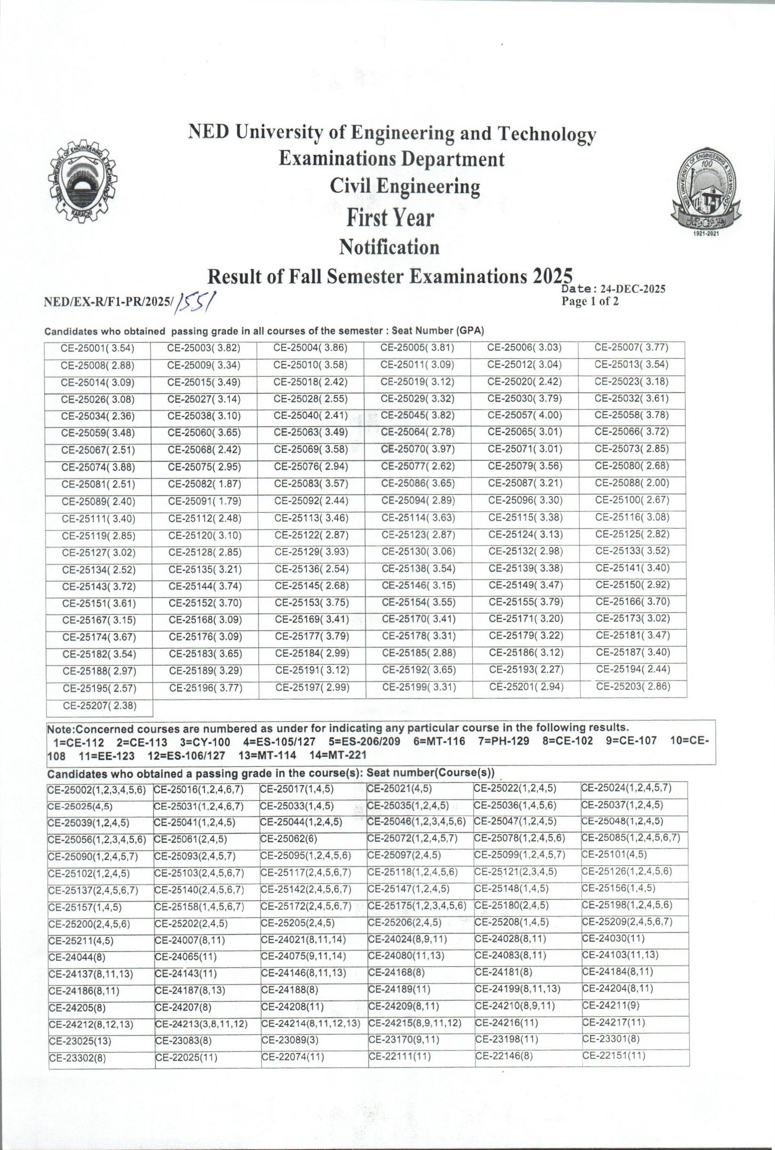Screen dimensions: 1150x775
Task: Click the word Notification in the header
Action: coord(389,247)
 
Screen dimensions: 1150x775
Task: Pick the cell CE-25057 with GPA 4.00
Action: coord(525,416)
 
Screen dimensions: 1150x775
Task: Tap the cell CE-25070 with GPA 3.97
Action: coord(418,450)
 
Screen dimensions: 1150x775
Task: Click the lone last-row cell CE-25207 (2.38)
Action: coord(99,706)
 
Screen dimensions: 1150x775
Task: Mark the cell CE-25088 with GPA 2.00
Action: coord(632,483)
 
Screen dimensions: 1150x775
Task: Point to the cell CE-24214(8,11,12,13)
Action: coord(311,1023)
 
